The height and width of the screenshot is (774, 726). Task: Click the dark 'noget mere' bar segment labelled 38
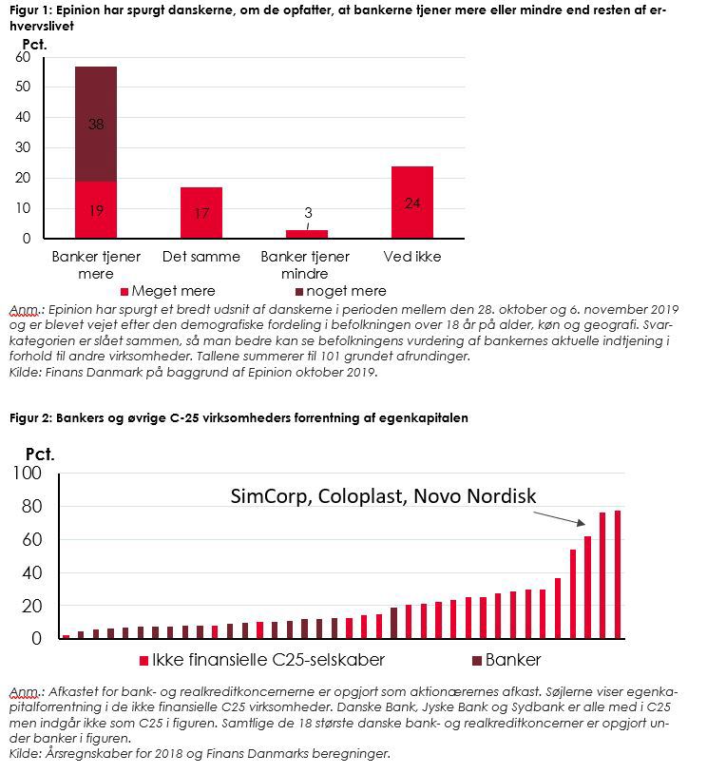point(96,124)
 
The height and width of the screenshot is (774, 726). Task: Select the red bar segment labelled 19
point(96,210)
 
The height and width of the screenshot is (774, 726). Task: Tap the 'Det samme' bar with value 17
point(201,213)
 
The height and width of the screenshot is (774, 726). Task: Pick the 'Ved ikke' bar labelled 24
point(412,203)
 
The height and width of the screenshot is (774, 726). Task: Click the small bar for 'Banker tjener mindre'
point(307,234)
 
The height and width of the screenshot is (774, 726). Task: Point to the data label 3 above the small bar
point(308,213)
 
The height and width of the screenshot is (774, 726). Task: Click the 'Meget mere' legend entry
point(168,291)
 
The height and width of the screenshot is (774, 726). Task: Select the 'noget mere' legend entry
point(341,291)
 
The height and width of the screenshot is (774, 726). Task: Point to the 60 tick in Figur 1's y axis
point(23,57)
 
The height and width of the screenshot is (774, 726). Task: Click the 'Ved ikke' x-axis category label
point(412,257)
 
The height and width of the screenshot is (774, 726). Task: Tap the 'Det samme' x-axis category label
point(201,257)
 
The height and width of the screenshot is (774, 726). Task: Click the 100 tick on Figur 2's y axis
point(28,473)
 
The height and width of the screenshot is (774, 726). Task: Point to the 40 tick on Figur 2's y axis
point(31,572)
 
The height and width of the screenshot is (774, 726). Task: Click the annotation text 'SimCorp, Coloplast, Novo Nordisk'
point(383,496)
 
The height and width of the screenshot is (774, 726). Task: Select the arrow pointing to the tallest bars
point(560,518)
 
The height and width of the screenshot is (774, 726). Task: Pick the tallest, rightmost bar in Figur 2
point(618,574)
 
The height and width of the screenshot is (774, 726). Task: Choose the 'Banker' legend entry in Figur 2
point(506,660)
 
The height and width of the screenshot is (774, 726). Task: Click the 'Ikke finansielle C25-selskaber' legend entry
point(262,660)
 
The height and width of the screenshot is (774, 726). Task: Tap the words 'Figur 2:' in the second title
point(30,418)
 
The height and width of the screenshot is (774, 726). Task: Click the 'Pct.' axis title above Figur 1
point(34,45)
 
